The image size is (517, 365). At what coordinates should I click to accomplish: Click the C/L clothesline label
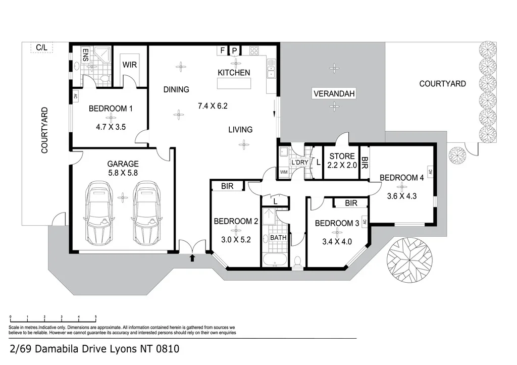[x=41, y=47]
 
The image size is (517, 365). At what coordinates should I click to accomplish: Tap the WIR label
[x=130, y=65]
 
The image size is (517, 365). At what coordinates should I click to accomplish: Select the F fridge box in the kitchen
[x=223, y=50]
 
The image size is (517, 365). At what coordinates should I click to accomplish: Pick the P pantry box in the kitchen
[x=234, y=50]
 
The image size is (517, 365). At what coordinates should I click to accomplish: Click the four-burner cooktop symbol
[x=254, y=50]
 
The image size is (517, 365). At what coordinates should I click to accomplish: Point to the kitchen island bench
[x=234, y=83]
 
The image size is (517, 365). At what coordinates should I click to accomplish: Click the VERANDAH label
[x=334, y=93]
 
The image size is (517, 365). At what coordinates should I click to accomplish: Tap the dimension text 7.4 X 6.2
[x=213, y=106]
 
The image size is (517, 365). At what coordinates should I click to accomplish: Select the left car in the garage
[x=99, y=212]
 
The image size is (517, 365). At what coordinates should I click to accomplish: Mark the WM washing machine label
[x=284, y=172]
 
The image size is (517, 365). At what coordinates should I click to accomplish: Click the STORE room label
[x=342, y=157]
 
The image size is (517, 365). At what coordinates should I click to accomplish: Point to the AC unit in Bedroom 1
[x=76, y=96]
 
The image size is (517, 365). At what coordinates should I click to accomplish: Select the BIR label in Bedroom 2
[x=227, y=186]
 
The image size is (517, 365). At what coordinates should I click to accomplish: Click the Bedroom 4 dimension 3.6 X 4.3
[x=401, y=196]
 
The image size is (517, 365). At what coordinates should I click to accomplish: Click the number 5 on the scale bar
[x=95, y=317]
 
